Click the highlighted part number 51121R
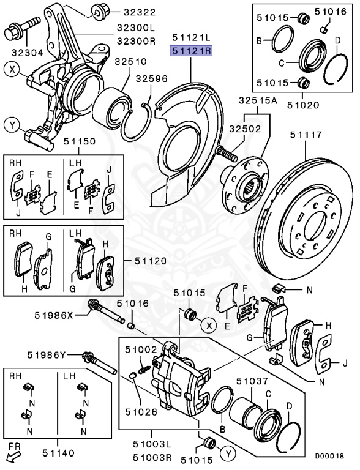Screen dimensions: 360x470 point(191,51)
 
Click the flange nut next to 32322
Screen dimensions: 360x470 point(99,12)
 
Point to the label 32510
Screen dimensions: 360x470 point(131,62)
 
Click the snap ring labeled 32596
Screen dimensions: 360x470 point(137,121)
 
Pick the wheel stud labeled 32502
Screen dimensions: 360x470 point(225,153)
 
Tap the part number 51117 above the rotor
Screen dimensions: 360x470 point(306,135)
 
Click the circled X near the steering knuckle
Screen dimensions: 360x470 point(12,70)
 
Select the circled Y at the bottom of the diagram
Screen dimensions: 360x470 point(228,454)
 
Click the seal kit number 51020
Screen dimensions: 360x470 point(303,105)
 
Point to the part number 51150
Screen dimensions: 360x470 point(79,141)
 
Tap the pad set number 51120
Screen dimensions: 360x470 point(150,261)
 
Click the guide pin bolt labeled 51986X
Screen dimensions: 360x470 point(106,312)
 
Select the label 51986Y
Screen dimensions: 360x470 point(46,355)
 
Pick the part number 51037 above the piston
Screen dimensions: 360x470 point(252,381)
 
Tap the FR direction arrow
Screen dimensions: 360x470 point(14,457)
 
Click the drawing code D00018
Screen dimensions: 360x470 point(329,456)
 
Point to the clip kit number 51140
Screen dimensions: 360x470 point(58,453)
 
